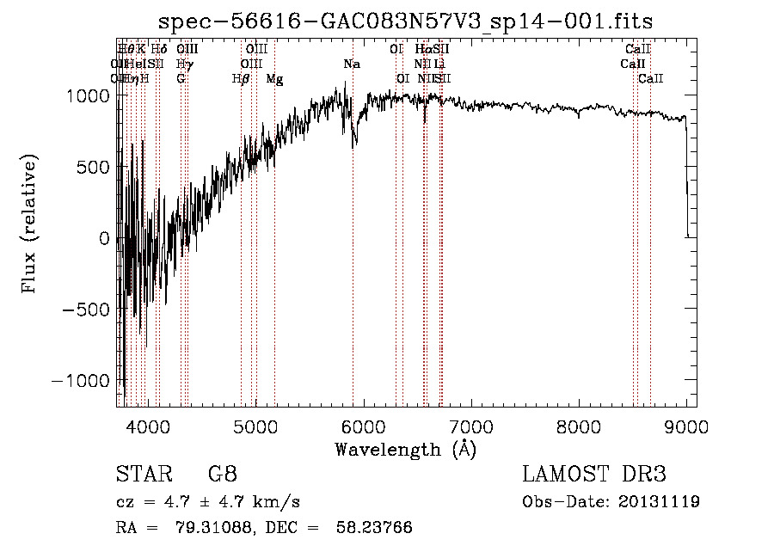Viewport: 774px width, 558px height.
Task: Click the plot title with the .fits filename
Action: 406,21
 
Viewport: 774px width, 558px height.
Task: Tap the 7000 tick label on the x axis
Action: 470,426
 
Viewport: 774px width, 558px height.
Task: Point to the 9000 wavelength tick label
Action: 686,426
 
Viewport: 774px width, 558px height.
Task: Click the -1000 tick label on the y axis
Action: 81,380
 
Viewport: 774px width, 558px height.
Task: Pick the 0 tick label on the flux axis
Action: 105,238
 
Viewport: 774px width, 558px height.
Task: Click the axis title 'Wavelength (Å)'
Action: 406,449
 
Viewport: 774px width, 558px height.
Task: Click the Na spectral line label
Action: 352,64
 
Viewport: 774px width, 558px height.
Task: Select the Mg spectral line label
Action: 274,79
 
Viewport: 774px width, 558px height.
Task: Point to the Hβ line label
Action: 241,79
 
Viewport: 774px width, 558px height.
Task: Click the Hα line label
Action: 423,50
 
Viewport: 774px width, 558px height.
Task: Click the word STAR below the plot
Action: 140,475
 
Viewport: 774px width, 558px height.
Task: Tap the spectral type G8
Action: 222,475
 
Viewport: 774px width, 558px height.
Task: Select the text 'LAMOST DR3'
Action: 594,475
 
